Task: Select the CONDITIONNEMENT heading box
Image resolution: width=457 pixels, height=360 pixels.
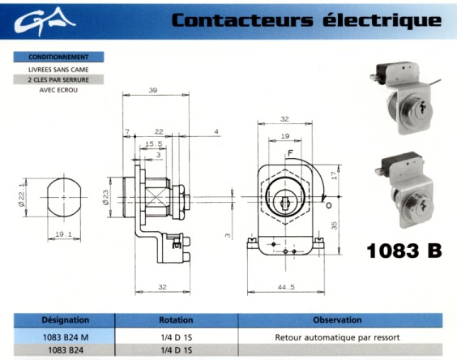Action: [58, 57]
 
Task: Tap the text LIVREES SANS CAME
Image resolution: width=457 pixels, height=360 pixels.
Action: [58, 70]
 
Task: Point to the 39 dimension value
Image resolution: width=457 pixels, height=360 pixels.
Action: [153, 90]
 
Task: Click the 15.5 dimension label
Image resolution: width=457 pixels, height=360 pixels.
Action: [154, 144]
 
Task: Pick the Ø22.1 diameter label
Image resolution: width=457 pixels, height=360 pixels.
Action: [22, 195]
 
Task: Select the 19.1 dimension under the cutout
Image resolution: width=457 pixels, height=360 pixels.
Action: [63, 234]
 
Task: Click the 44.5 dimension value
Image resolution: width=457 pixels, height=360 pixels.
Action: [286, 287]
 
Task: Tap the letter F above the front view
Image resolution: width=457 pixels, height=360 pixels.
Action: [290, 153]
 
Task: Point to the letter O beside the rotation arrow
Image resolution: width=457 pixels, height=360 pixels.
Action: [329, 205]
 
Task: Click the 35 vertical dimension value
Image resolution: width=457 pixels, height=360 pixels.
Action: [334, 225]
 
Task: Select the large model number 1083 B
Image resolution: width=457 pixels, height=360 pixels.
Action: [404, 251]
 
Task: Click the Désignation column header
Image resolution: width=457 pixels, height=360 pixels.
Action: [66, 320]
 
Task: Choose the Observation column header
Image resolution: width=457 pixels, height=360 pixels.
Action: [337, 320]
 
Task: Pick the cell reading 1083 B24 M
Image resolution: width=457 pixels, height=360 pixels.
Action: [66, 337]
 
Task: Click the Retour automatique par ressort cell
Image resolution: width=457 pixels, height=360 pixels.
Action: [337, 337]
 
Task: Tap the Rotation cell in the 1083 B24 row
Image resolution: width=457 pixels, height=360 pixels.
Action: [177, 349]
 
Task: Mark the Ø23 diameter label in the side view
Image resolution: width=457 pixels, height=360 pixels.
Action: [105, 198]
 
